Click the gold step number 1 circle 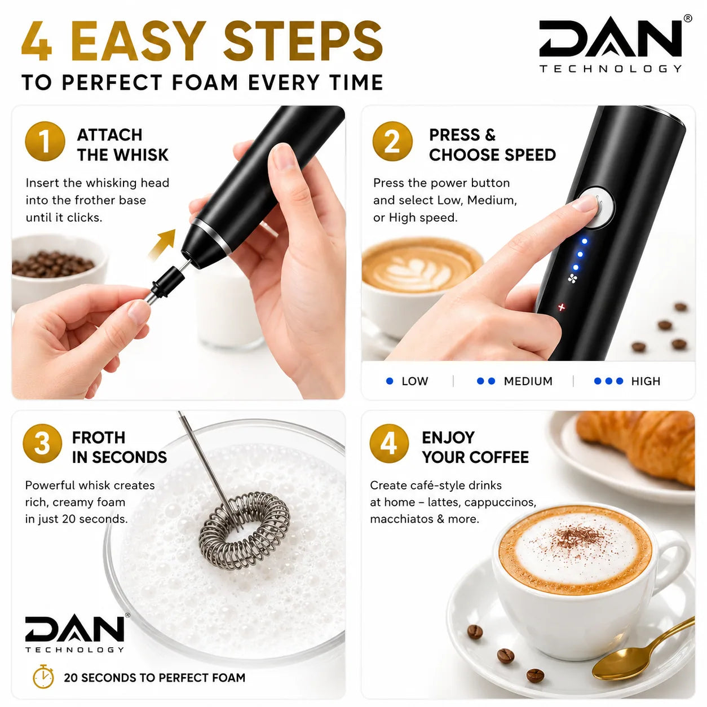[45, 142]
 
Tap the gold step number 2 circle [392, 142]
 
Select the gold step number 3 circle [42, 443]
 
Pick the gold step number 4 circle [389, 443]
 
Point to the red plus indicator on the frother [562, 307]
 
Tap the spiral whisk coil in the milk [244, 530]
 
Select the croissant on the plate [637, 444]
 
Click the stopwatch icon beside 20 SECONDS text [43, 676]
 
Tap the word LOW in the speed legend [414, 381]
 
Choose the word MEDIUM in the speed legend [528, 381]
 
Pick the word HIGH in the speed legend [646, 381]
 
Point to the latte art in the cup [418, 269]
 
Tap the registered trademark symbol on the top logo [688, 18]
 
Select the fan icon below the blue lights [572, 279]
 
